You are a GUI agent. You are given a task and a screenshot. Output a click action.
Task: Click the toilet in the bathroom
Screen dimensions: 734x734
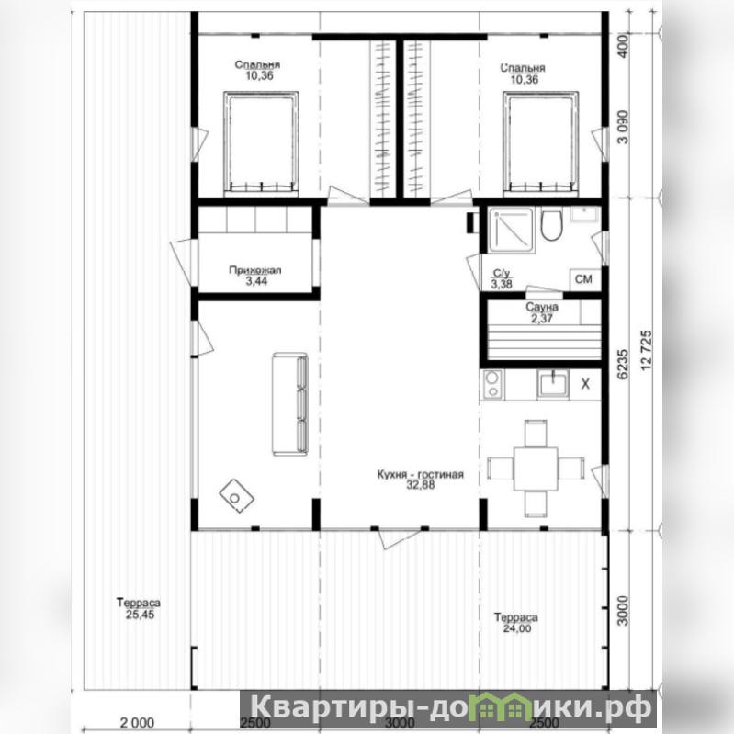click(551, 225)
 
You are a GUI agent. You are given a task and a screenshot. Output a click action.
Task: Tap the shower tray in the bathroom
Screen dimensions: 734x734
click(511, 231)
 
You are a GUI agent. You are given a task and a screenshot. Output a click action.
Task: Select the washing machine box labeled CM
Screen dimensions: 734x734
click(584, 279)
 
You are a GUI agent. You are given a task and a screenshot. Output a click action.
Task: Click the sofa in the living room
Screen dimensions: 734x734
click(290, 404)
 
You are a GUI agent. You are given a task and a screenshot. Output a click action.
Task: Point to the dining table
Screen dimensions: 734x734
click(536, 469)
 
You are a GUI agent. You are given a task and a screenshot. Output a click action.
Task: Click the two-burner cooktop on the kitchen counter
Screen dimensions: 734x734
click(492, 383)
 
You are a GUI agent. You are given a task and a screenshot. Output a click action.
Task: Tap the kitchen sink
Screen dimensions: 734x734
click(553, 383)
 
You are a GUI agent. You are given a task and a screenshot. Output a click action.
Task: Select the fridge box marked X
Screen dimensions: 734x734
click(585, 384)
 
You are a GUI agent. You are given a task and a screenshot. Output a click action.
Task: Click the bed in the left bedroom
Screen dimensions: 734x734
click(261, 143)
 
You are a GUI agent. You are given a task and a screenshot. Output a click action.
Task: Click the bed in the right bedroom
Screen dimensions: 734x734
click(540, 143)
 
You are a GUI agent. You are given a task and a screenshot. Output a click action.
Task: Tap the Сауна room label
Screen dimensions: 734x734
click(542, 308)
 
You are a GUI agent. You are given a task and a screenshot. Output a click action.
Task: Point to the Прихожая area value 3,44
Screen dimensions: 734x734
click(256, 281)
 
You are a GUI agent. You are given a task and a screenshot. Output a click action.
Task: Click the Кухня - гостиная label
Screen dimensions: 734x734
click(421, 474)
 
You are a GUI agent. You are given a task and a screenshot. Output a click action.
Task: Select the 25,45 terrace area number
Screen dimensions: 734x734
click(140, 615)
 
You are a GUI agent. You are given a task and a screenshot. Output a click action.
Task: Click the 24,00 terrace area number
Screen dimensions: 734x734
click(517, 628)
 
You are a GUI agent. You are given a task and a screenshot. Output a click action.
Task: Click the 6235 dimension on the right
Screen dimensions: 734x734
click(623, 364)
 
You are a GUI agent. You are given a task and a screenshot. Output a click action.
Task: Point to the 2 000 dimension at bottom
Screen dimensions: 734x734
click(137, 723)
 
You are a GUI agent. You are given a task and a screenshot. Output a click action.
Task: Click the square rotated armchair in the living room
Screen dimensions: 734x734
click(237, 496)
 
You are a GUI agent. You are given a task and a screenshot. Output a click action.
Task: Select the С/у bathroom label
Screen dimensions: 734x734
click(502, 274)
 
